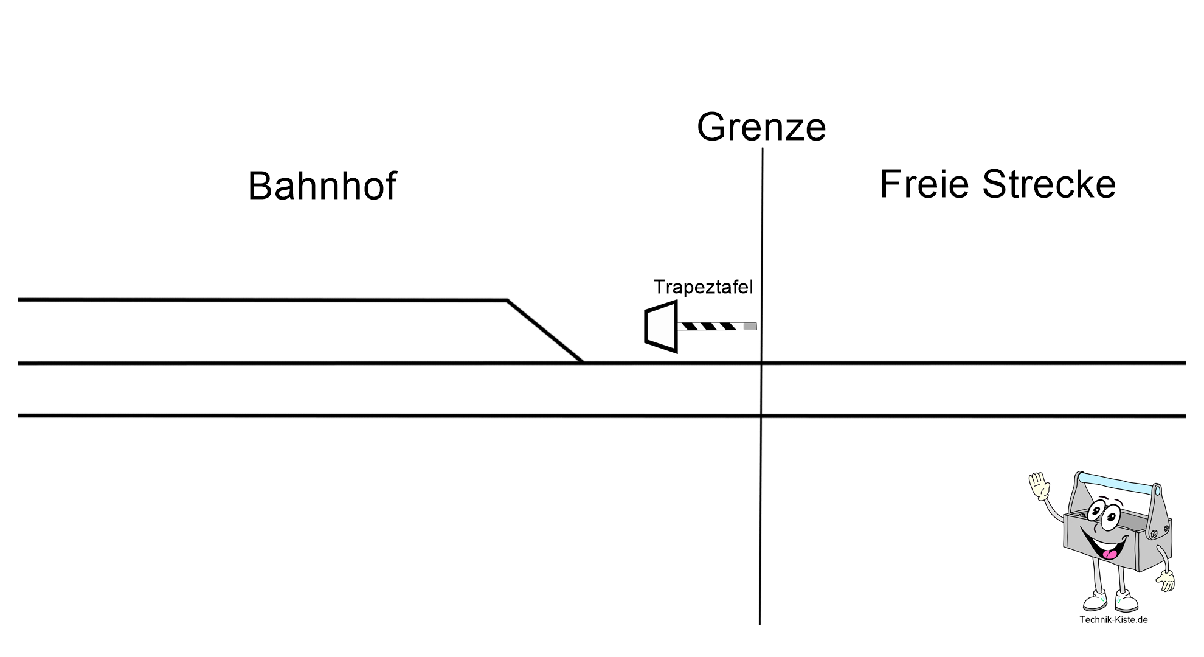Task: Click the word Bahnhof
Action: tap(322, 186)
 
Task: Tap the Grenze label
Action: tap(761, 127)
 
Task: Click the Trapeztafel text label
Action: tap(703, 287)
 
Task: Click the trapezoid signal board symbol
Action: tap(661, 326)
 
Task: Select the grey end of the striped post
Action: tap(750, 327)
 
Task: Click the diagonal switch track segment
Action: tap(545, 332)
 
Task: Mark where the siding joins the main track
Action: tap(583, 363)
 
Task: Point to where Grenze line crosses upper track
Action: tap(761, 363)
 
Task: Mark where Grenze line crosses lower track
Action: tap(761, 416)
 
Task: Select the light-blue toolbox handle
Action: tap(1118, 482)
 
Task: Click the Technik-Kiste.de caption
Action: tap(1113, 620)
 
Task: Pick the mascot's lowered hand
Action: tap(1165, 580)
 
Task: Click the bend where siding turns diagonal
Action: tap(507, 300)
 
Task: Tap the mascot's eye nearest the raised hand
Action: tap(1096, 510)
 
